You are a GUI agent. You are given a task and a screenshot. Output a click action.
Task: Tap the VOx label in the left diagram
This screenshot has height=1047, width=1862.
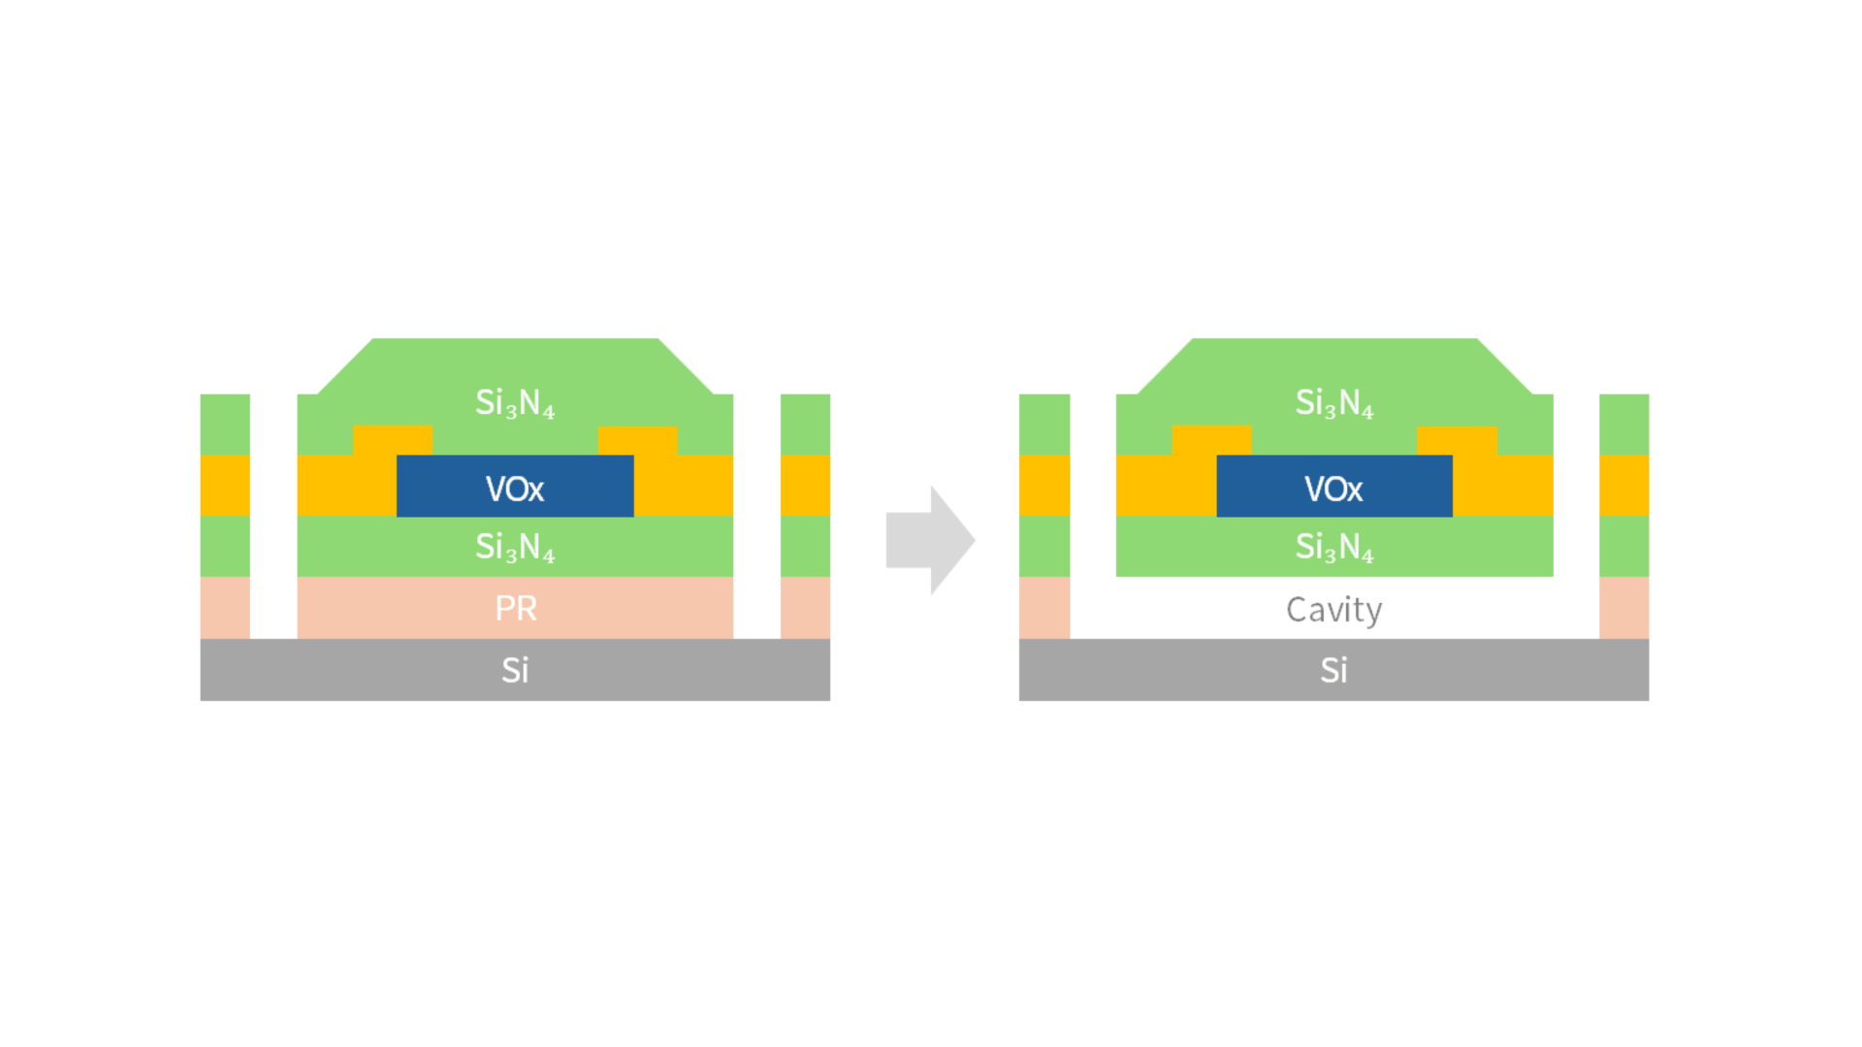click(x=515, y=489)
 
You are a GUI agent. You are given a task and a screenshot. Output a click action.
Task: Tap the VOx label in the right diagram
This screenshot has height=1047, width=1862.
click(x=1333, y=489)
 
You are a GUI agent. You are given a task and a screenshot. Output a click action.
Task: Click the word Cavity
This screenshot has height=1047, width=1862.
click(x=1333, y=610)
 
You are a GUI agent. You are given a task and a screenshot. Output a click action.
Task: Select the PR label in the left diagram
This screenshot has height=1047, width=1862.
click(x=515, y=609)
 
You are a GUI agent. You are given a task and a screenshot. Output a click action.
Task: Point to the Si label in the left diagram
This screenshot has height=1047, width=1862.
click(x=515, y=670)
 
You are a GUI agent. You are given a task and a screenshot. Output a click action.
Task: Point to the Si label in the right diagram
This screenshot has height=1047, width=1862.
click(x=1333, y=670)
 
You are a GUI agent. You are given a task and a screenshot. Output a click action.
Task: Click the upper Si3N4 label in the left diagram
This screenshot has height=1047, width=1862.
click(x=515, y=402)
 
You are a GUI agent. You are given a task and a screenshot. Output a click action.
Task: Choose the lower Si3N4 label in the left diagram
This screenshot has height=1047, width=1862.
click(x=515, y=548)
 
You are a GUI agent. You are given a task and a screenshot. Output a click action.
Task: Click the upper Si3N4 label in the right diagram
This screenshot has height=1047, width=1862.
click(x=1334, y=402)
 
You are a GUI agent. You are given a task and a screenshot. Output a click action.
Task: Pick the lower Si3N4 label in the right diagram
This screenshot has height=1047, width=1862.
click(x=1334, y=548)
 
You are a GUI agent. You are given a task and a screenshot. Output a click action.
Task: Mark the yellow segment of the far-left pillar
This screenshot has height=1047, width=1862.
click(x=225, y=486)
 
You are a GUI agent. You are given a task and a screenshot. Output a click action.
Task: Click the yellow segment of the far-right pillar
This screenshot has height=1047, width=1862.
click(x=1623, y=486)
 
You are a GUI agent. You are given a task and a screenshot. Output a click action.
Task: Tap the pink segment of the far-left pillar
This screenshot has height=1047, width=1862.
click(x=225, y=608)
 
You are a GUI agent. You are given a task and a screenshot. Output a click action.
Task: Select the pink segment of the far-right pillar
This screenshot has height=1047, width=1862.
click(x=1623, y=608)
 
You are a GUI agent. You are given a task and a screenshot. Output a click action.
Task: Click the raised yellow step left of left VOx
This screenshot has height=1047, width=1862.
click(x=392, y=440)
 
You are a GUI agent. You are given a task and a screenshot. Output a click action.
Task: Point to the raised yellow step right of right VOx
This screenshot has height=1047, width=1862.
click(x=1457, y=440)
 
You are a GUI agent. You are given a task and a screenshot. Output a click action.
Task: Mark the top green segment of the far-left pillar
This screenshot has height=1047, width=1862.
click(x=225, y=425)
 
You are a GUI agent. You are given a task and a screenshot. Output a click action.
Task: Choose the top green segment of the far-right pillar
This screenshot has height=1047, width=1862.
click(x=1623, y=425)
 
